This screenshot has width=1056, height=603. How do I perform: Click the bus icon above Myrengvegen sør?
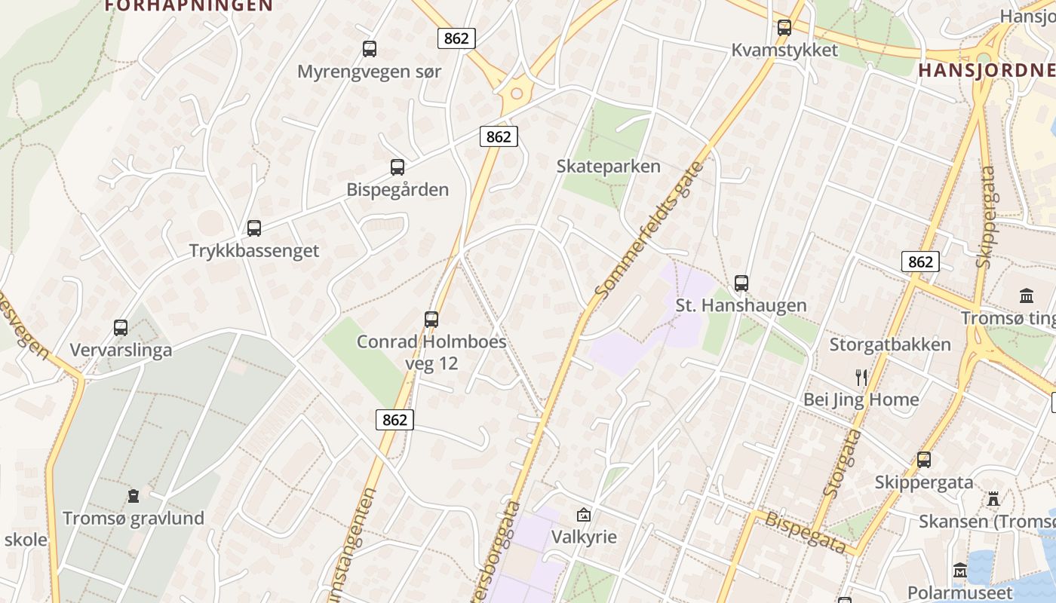[369, 49]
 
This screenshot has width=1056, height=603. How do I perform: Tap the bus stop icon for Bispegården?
[397, 167]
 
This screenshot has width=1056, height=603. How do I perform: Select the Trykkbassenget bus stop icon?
[254, 228]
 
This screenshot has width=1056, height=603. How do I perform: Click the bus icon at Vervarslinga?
[121, 328]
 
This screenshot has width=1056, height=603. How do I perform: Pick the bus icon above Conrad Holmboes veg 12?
[431, 320]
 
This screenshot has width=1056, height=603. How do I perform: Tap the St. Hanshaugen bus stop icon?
[741, 283]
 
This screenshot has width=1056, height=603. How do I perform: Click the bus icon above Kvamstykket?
[784, 28]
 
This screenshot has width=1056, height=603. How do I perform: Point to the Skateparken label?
[608, 167]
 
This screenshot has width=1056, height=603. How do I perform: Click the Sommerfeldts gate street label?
[647, 230]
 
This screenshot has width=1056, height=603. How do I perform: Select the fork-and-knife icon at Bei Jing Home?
[861, 378]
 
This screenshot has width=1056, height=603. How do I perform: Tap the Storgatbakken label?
[890, 345]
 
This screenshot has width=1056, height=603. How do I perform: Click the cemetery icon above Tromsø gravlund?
[134, 496]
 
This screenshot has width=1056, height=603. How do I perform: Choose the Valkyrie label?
[584, 537]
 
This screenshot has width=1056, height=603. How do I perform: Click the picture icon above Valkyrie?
[583, 516]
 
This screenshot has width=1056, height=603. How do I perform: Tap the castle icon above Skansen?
[993, 499]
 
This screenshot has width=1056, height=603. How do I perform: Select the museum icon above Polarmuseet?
[960, 571]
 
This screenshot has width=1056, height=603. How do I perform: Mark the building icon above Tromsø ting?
[1026, 295]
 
